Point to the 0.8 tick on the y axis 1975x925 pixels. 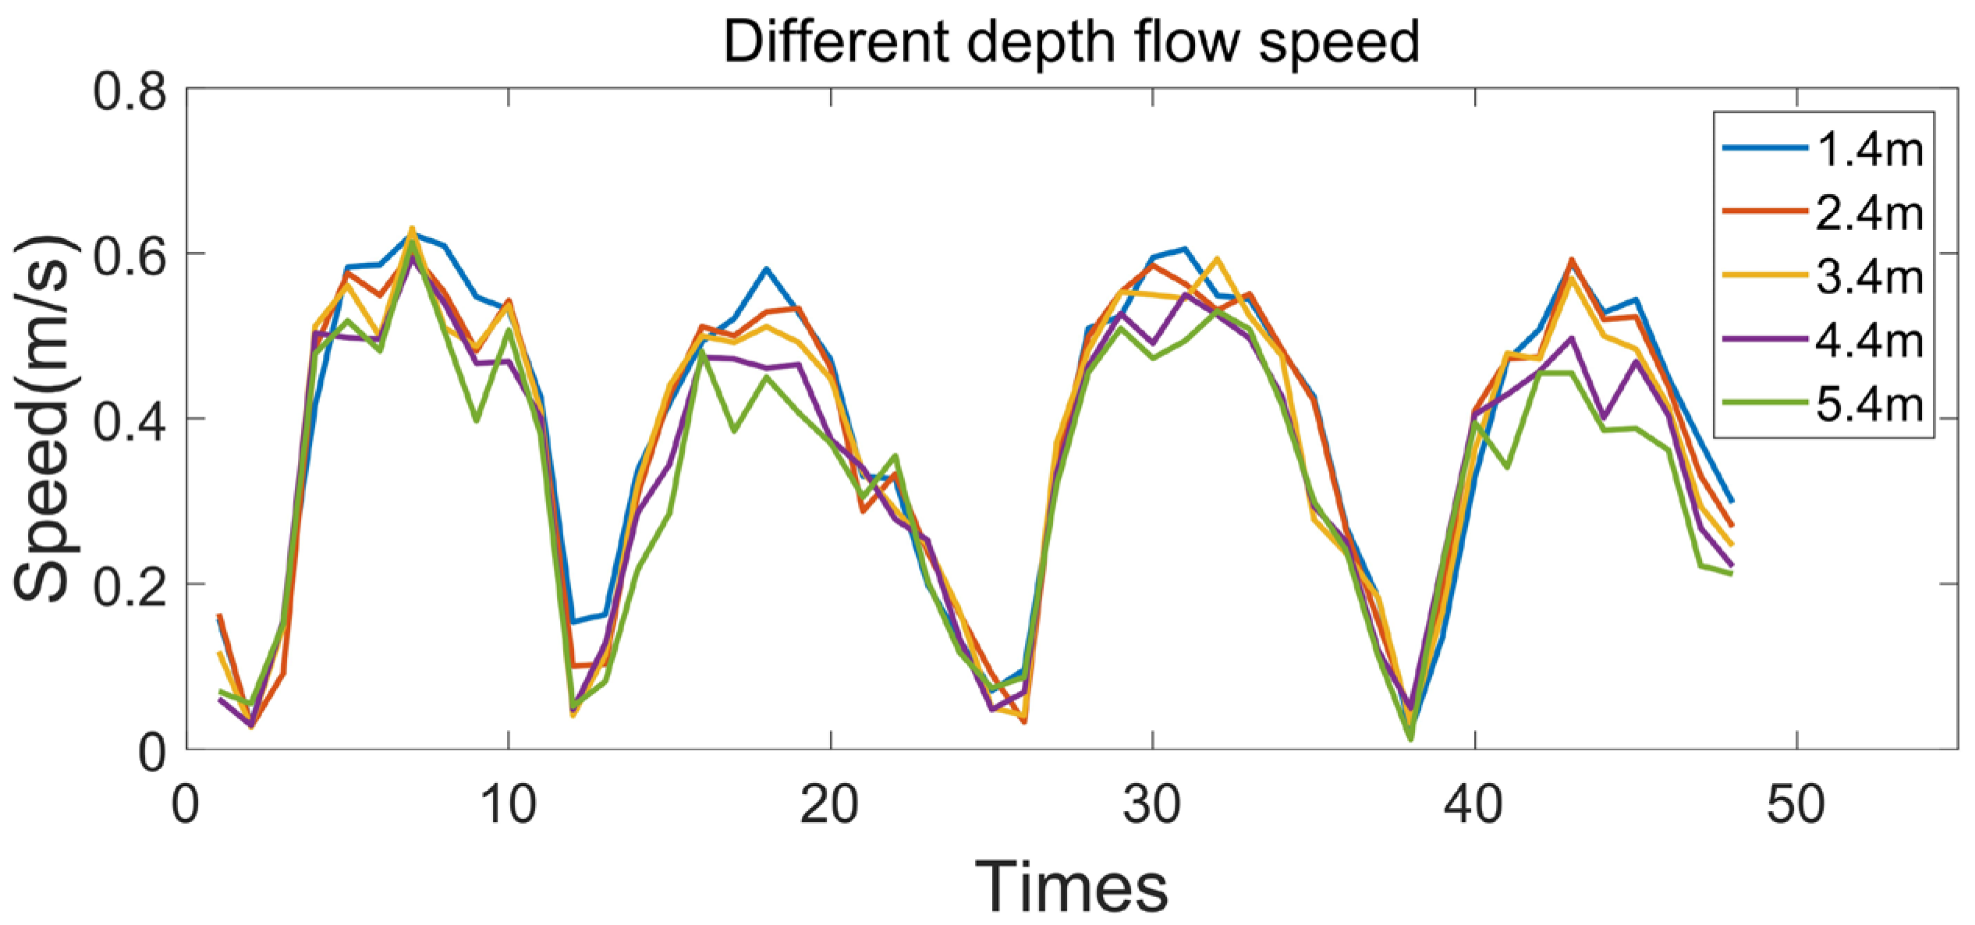130,91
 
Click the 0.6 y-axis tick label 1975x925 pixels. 130,254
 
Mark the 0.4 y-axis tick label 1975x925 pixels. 130,420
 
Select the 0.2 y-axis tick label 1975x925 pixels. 130,585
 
